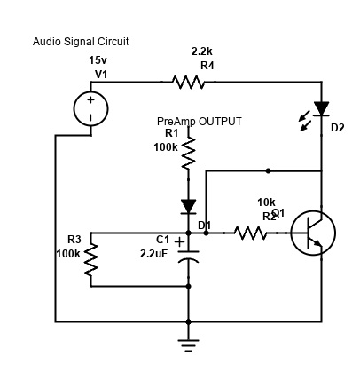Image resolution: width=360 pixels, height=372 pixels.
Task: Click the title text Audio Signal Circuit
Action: [x=81, y=42]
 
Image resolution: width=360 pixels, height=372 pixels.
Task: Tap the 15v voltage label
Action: [x=98, y=60]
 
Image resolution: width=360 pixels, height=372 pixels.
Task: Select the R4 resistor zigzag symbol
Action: [x=189, y=83]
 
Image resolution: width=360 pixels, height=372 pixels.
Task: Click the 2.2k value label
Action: [x=201, y=51]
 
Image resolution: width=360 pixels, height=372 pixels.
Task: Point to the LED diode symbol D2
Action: [x=320, y=111]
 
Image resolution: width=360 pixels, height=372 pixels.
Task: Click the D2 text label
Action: [x=337, y=128]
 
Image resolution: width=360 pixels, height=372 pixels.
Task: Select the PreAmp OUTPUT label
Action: [x=199, y=121]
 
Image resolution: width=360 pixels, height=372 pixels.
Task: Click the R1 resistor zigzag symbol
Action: [x=188, y=153]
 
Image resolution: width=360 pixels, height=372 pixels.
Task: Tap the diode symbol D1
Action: [x=188, y=207]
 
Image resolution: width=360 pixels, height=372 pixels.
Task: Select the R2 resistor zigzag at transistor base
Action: [x=251, y=233]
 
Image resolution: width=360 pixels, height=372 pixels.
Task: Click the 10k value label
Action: [x=266, y=202]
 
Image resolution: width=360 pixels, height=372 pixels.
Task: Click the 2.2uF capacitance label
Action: [x=153, y=254]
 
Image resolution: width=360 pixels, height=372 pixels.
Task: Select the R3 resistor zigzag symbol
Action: [x=91, y=261]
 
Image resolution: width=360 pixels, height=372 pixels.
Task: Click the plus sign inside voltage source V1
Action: [x=90, y=100]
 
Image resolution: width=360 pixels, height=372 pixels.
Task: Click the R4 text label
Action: [x=207, y=66]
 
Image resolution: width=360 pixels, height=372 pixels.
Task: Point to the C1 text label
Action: [x=162, y=240]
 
